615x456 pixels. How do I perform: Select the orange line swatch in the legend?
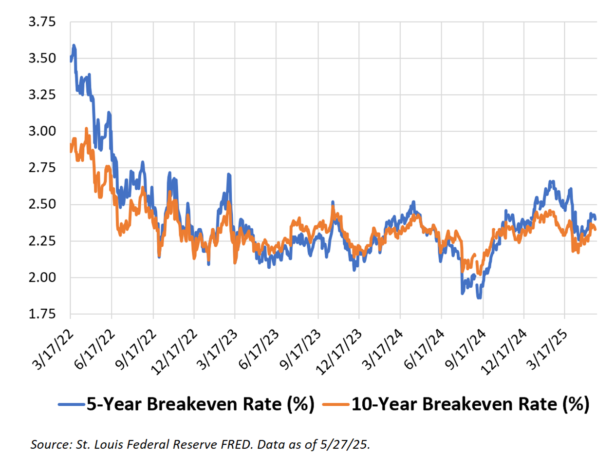[x=336, y=404]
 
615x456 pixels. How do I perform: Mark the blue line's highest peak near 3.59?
[x=74, y=46]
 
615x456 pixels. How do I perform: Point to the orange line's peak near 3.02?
[x=86, y=129]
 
